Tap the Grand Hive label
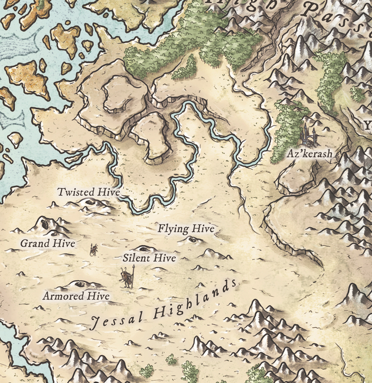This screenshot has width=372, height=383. click(x=48, y=243)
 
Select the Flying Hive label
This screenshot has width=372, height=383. click(x=186, y=229)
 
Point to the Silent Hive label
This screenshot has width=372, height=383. click(x=150, y=257)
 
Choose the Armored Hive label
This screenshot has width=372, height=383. click(x=76, y=296)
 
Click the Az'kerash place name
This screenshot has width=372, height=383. click(x=309, y=154)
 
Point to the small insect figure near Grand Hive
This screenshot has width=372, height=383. click(x=93, y=250)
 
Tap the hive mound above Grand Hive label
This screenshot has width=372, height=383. click(x=44, y=223)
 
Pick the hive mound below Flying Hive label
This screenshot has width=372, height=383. click(x=192, y=239)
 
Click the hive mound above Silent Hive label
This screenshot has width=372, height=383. click(x=142, y=249)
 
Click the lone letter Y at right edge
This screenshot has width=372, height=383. click(x=368, y=125)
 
